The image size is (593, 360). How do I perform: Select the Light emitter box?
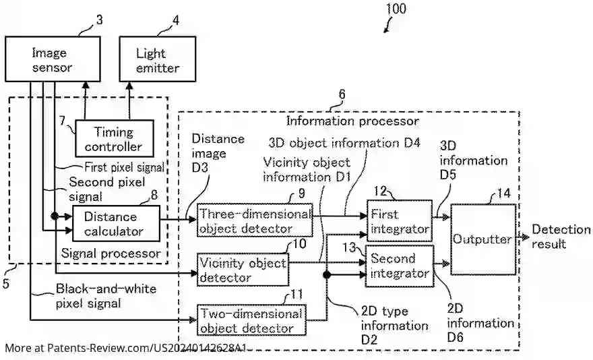click(158, 59)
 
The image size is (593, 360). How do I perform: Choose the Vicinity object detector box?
click(243, 269)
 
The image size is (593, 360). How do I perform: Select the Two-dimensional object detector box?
click(250, 321)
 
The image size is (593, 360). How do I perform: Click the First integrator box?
click(398, 221)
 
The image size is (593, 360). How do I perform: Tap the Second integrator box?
click(399, 266)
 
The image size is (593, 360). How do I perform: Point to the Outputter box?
click(482, 239)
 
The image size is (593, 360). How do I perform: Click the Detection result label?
click(561, 237)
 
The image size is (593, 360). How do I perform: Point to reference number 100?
click(396, 9)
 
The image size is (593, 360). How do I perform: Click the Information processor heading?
click(352, 121)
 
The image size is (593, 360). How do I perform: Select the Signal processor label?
click(111, 253)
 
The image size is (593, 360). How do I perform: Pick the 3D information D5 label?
click(474, 161)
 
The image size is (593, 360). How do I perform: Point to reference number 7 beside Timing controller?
click(61, 121)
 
